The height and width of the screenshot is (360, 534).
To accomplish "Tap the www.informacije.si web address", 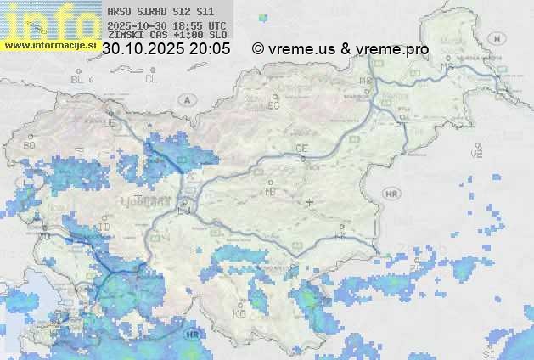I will (x=49, y=44).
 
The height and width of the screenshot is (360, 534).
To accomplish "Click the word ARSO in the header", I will (x=119, y=12).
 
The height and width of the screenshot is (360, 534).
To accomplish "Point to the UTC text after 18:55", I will (x=216, y=25).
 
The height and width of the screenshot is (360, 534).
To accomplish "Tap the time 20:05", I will (x=211, y=49).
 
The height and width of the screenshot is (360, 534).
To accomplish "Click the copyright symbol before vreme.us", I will (x=258, y=49).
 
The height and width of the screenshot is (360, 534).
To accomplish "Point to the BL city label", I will (x=79, y=79).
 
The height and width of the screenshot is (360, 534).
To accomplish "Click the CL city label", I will (x=151, y=79).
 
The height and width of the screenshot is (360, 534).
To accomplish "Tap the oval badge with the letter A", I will (x=186, y=99).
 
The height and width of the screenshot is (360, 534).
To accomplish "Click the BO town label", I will (x=30, y=145).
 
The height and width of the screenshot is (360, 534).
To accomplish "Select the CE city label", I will (x=301, y=149).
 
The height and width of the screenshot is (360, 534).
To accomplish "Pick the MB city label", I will (x=366, y=81).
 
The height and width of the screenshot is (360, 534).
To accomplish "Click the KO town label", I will (x=239, y=313).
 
